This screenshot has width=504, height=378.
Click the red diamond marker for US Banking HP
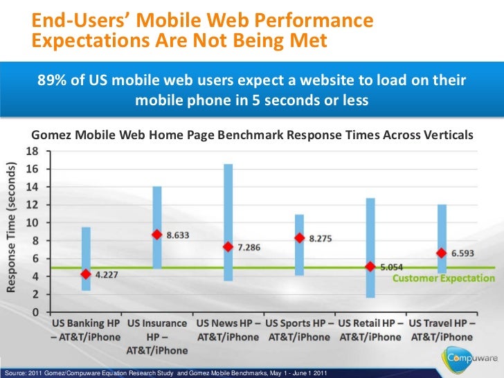click(86, 274)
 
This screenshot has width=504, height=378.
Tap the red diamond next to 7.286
click(228, 247)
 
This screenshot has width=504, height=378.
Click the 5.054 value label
click(393, 266)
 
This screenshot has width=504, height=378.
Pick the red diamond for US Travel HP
click(440, 253)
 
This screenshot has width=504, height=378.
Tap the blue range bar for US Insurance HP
click(157, 215)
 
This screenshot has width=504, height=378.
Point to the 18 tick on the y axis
click(33, 150)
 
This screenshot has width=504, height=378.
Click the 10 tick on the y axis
click(33, 222)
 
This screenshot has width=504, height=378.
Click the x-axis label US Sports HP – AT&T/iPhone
click(299, 330)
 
